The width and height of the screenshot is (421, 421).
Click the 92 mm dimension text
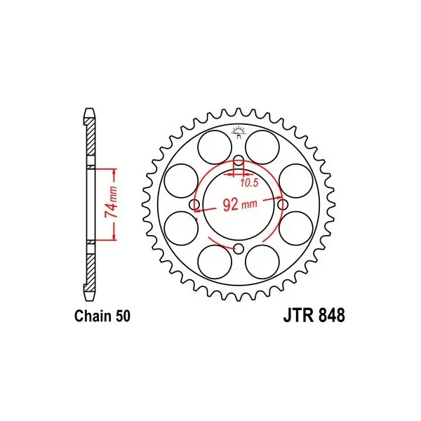tap(240, 205)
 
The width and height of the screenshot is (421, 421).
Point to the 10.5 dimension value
tap(249, 183)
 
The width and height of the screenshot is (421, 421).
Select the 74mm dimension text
tap(111, 202)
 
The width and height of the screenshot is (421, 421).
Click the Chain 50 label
tap(102, 316)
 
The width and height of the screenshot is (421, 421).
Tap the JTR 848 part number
tap(314, 316)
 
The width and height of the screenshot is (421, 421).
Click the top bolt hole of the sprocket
tap(239, 161)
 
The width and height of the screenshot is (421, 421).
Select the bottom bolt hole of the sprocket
tap(239, 248)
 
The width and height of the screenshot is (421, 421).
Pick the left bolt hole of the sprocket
tap(194, 205)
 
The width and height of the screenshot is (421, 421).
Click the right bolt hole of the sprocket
tap(283, 205)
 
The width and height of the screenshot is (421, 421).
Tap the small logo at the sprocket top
tap(239, 132)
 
